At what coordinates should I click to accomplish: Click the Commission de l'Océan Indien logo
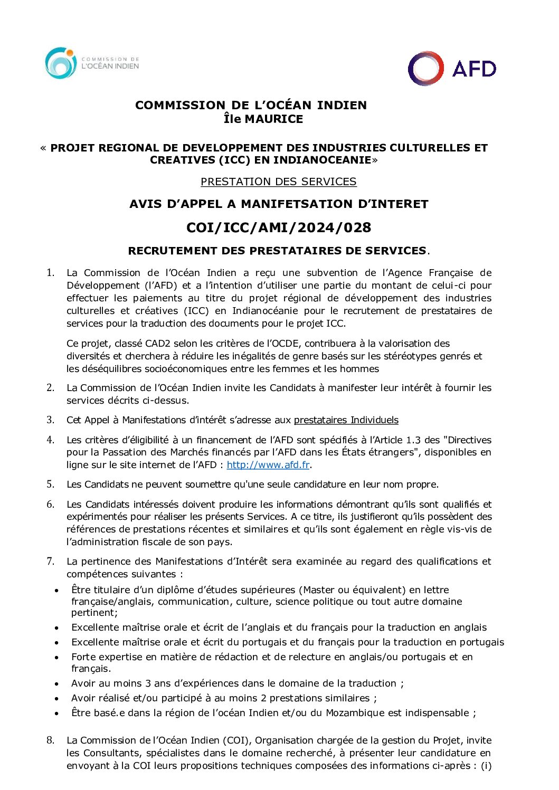pos(92,63)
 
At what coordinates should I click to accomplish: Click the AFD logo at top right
pos(452,69)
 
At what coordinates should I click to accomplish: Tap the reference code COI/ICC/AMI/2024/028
pos(279,227)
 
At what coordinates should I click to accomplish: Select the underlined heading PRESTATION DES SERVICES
pos(278,182)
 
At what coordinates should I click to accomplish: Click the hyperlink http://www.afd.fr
pos(268,465)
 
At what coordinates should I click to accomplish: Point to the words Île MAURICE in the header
pos(263,119)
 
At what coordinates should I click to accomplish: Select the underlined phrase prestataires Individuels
pos(346,420)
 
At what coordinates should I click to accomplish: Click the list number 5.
pos(50,484)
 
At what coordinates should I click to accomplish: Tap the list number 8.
pos(50,740)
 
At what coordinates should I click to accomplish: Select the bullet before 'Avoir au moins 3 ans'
pos(56,683)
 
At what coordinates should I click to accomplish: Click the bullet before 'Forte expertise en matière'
pos(56,658)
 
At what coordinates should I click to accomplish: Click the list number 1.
pos(50,272)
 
